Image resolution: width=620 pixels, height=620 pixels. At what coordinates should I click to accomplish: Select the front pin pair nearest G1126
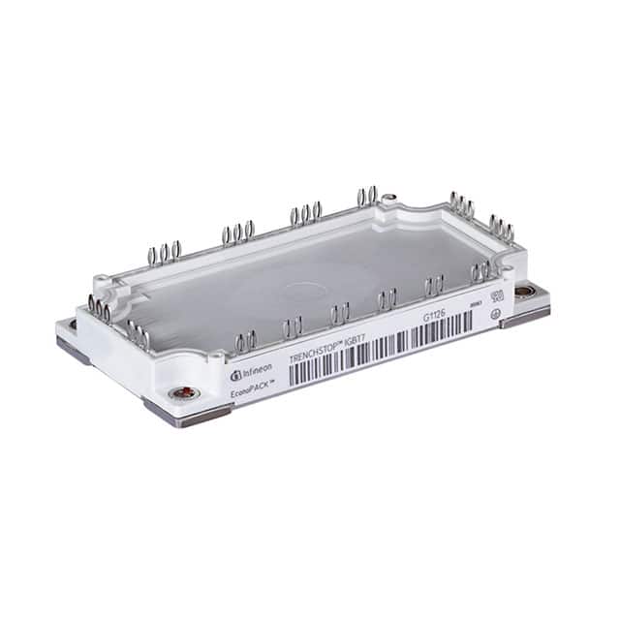pos(433,285)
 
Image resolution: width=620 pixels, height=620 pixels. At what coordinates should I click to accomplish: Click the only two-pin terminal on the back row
pos(367,197)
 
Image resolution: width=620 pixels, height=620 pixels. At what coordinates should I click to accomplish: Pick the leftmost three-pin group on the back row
pos(165,254)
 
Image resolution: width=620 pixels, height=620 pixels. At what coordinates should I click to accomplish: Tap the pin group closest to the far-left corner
pos(99,308)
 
